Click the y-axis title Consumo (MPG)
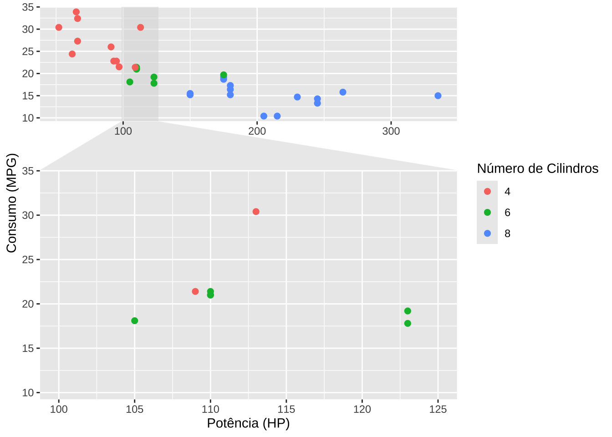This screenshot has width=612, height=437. point(11,203)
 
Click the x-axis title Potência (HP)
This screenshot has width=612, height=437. point(248,423)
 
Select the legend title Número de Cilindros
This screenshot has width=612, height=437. point(537,168)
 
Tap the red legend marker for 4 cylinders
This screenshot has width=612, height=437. point(487,191)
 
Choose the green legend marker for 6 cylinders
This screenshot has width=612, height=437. point(487,212)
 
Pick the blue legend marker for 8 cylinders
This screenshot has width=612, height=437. point(487,234)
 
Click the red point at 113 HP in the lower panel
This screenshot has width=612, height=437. point(256,212)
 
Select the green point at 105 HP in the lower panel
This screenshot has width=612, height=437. point(134,321)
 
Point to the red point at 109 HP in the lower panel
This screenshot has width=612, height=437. point(195,291)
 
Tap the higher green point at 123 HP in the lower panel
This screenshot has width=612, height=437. point(408,311)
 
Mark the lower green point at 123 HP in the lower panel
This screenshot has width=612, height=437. point(408,324)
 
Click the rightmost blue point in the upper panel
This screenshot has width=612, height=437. point(438,96)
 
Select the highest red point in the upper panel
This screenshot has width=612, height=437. point(76,12)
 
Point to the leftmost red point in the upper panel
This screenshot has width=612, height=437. point(59,27)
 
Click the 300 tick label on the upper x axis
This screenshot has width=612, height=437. point(391,131)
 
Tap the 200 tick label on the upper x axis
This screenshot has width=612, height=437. point(257,131)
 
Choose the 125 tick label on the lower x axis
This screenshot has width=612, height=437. point(438,409)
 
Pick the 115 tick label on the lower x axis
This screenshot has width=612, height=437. point(286,409)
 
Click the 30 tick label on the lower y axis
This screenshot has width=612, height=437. point(28,215)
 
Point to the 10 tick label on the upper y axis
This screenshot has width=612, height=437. point(28,118)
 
